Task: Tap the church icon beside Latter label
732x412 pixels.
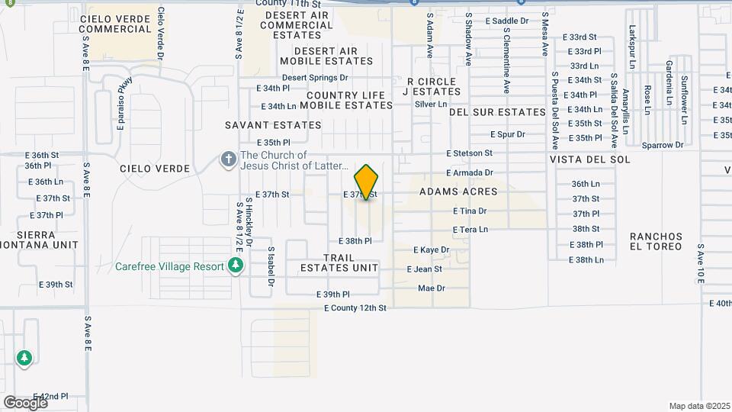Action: point(226,160)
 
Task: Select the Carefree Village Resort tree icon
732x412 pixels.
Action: point(236,266)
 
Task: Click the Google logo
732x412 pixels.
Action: point(25,402)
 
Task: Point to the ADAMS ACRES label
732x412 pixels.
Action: point(458,192)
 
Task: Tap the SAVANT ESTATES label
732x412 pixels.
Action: point(272,124)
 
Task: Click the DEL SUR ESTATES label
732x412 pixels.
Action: point(497,112)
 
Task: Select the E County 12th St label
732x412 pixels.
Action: point(355,308)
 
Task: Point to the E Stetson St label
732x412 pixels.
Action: point(470,153)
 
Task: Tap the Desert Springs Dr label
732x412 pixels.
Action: point(315,77)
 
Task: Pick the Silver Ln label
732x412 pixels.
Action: point(431,104)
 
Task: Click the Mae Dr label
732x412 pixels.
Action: point(431,288)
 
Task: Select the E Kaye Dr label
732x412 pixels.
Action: point(431,249)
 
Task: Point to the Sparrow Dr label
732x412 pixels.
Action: point(663,145)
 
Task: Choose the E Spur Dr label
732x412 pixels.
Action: point(508,134)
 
